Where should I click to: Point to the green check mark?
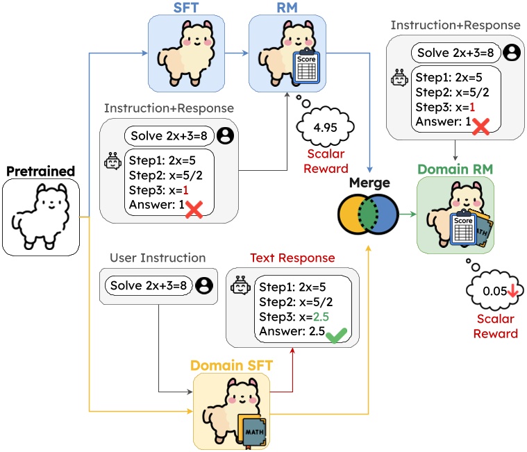(337, 335)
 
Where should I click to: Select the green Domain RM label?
(455, 168)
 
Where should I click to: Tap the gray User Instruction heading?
(158, 258)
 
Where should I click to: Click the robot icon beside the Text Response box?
(240, 285)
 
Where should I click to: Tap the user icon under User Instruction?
(203, 285)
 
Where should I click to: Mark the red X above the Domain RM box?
(480, 124)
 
